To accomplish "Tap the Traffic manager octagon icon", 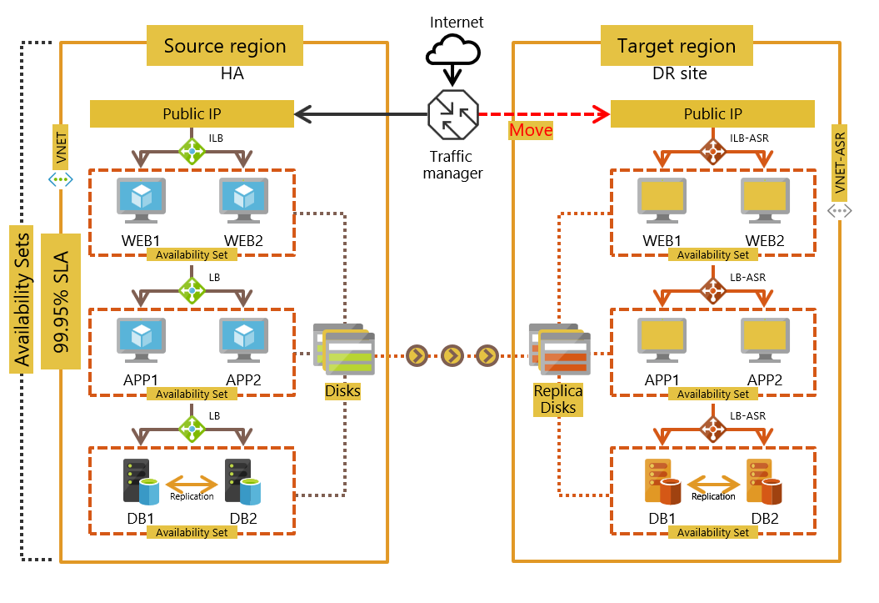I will (452, 114).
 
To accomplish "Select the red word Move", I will (531, 130).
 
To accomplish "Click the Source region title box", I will (225, 46).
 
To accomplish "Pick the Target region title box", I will (677, 46).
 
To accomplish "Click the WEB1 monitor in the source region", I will (140, 200).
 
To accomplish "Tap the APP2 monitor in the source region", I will (243, 340).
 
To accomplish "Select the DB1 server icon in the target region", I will (658, 481).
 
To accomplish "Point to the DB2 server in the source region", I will (242, 481).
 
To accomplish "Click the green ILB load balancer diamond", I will (192, 150).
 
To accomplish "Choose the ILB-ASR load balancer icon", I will (713, 151).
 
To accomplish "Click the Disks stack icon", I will (344, 349).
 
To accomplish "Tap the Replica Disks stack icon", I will (559, 349).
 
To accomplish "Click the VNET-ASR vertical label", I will (840, 162).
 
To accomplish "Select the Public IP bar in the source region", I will (192, 114).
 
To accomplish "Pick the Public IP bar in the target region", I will (712, 114).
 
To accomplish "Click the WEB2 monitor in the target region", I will (765, 200).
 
